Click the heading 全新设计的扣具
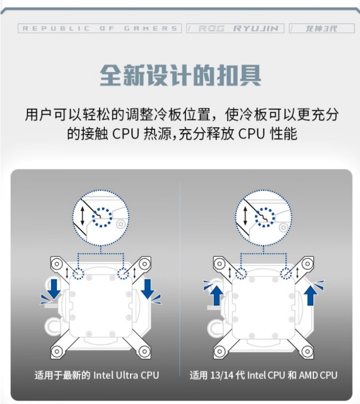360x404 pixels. click(x=180, y=75)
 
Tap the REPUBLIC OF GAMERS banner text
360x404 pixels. click(x=100, y=28)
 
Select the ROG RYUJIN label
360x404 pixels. click(x=238, y=28)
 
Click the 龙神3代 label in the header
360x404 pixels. click(x=321, y=28)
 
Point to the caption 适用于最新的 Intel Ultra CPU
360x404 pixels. click(x=97, y=375)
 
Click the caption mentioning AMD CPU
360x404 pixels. click(x=263, y=375)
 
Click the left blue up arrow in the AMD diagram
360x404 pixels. click(x=217, y=295)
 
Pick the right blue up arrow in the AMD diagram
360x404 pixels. click(x=311, y=295)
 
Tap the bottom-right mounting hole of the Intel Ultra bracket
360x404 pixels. click(x=144, y=351)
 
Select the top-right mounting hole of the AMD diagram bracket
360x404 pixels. click(x=307, y=264)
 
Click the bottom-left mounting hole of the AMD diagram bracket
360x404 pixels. click(x=220, y=351)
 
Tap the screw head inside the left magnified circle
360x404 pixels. click(x=121, y=224)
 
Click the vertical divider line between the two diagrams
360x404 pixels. click(x=180, y=279)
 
